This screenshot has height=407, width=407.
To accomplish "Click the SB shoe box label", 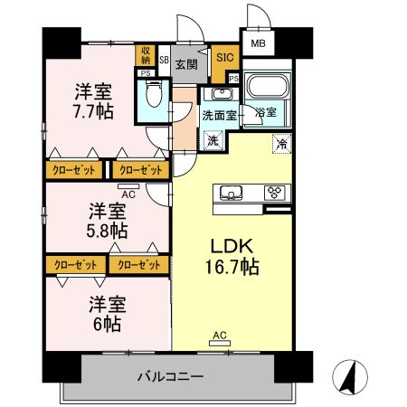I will [164, 60].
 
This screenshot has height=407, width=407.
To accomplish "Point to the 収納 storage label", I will [145, 56].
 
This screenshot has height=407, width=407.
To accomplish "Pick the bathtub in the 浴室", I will [266, 89].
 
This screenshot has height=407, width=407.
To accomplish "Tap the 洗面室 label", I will [218, 115].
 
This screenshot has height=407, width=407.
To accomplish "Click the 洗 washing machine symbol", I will [213, 140].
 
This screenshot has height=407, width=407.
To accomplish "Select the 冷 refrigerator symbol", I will [283, 143].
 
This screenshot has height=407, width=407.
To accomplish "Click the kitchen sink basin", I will [229, 192].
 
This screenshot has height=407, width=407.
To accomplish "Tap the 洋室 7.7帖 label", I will [92, 100].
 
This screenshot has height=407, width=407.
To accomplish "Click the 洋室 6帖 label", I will [108, 313].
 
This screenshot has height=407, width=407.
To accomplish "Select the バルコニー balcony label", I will [171, 375].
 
